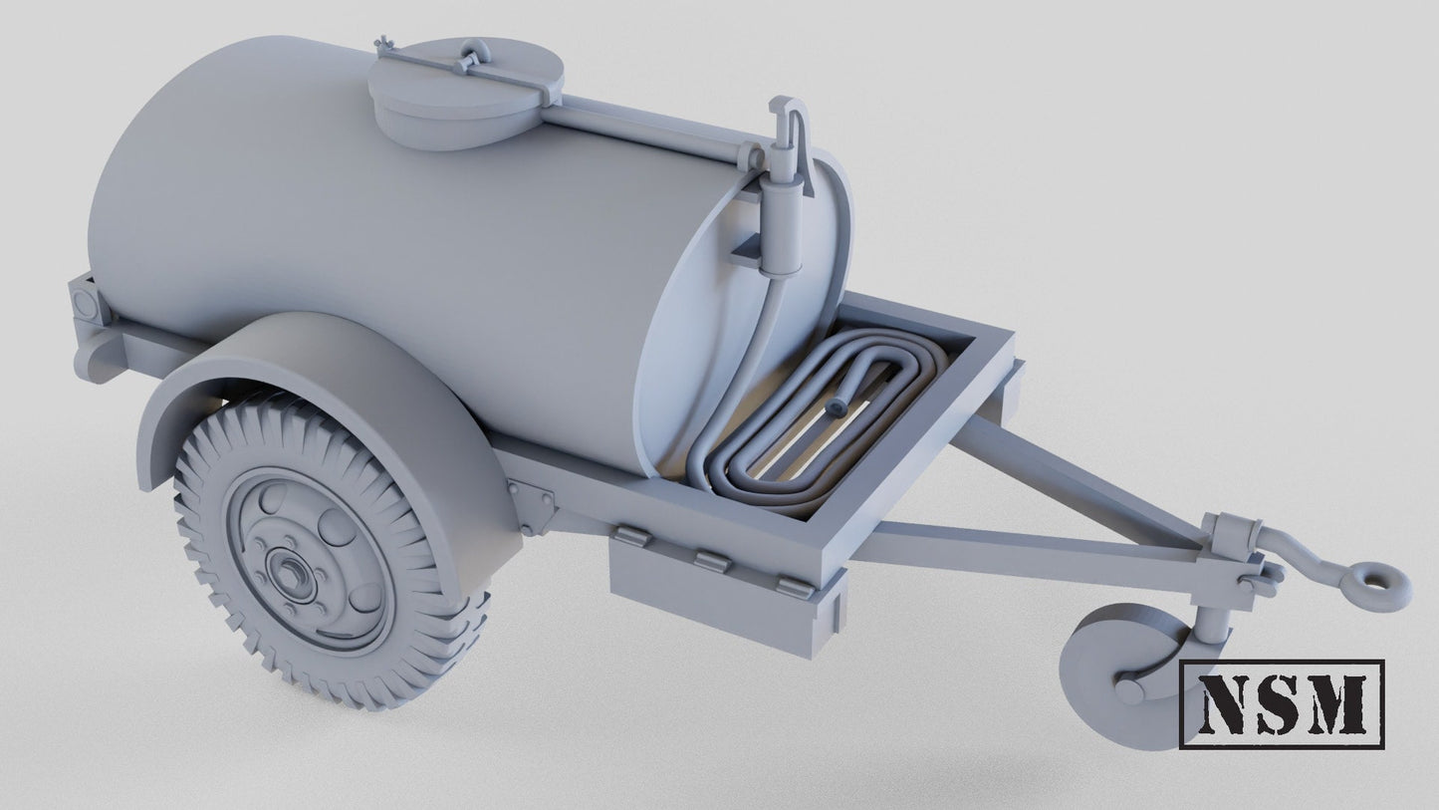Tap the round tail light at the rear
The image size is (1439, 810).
pos(85,300)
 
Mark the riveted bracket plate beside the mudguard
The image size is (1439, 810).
pos(534,503)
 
